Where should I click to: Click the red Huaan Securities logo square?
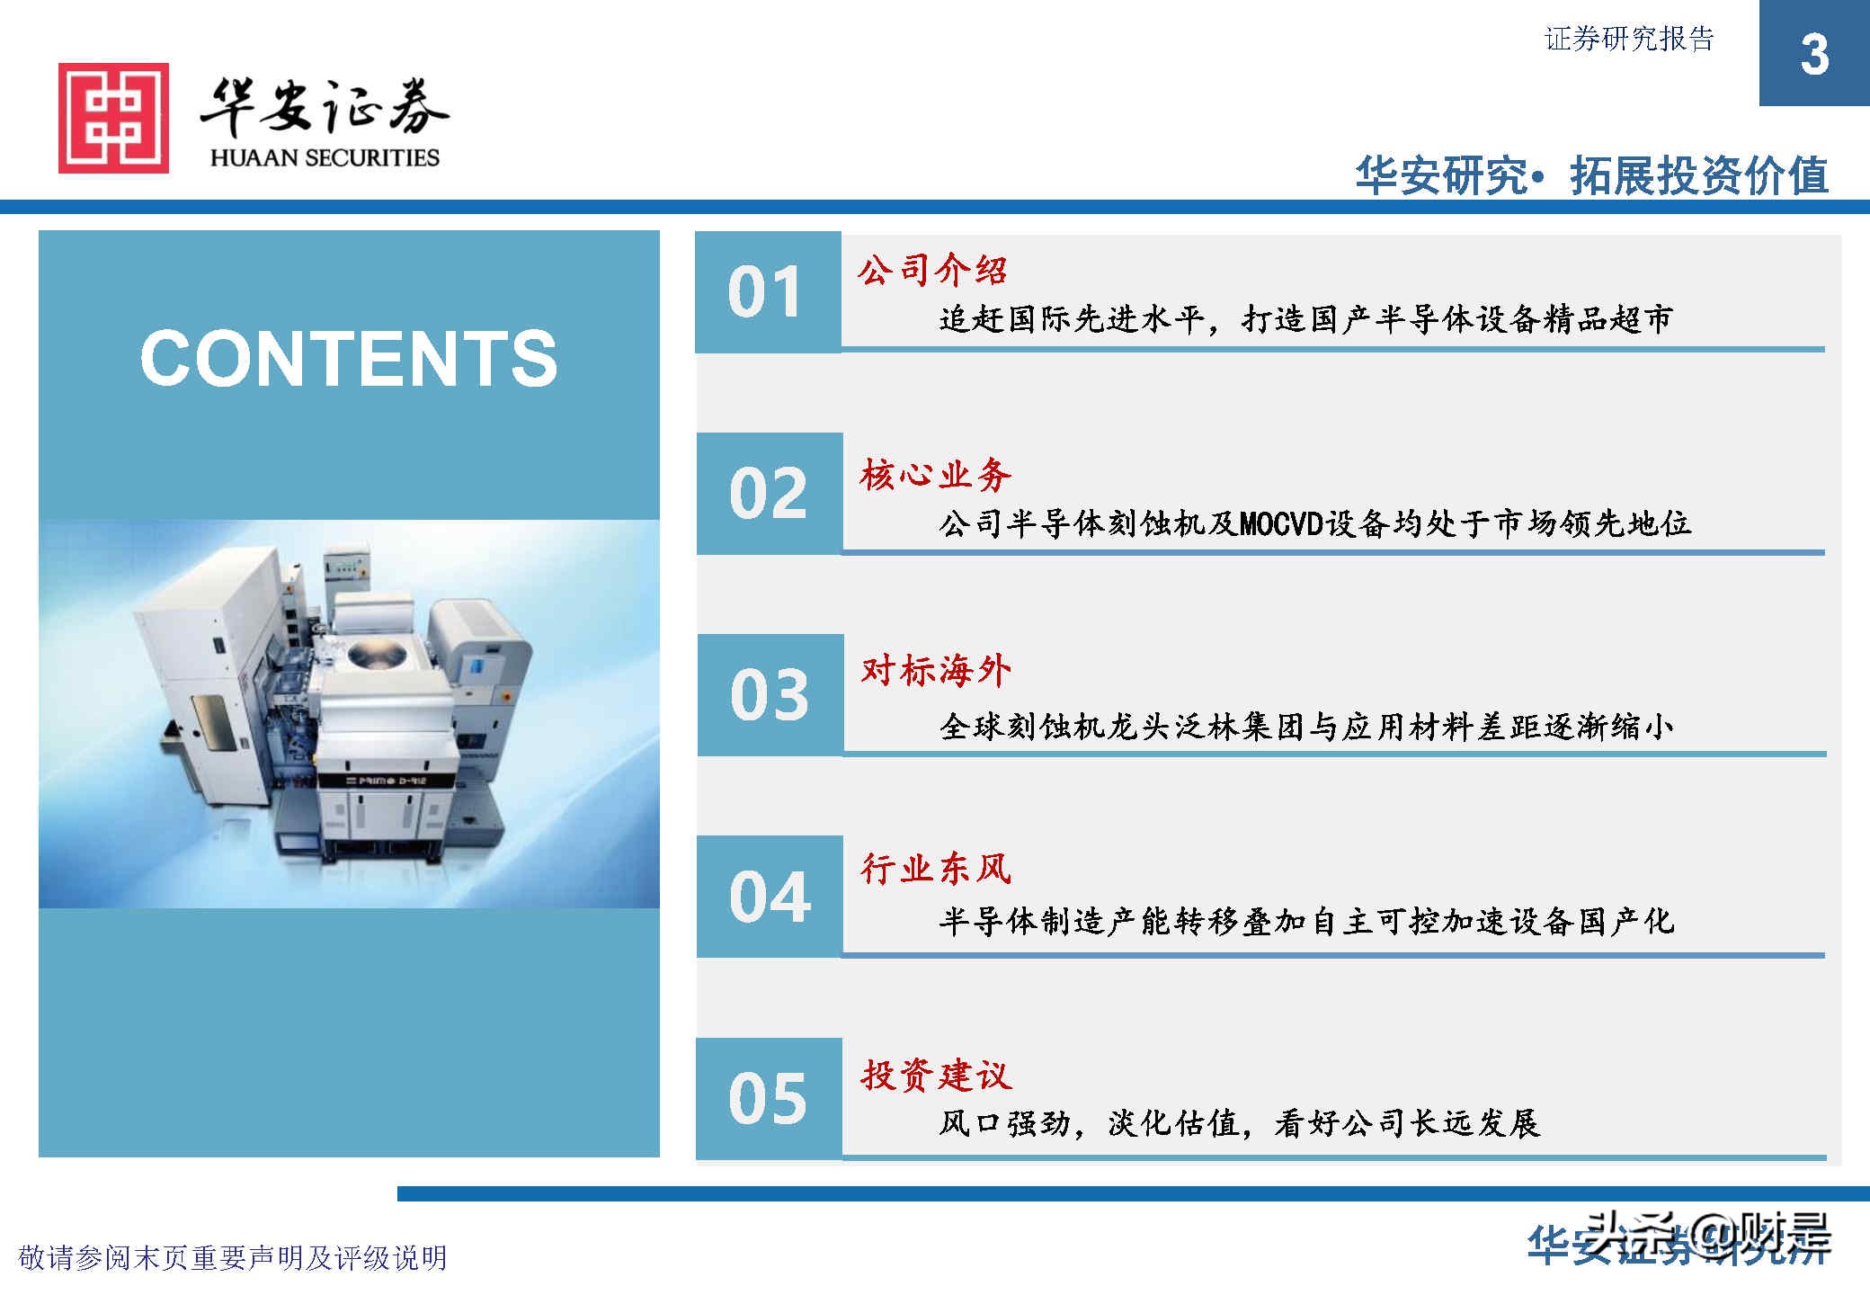tap(113, 118)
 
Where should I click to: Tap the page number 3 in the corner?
tap(1813, 55)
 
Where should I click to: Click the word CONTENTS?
tap(349, 359)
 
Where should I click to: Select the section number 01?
tap(765, 292)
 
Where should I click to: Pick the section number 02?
tap(768, 494)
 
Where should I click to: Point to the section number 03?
tap(769, 695)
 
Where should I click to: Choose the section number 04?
tap(770, 897)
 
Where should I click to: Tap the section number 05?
tap(768, 1098)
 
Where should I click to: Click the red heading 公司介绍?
tap(932, 270)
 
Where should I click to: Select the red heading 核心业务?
tap(935, 475)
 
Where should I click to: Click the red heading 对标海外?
tap(935, 671)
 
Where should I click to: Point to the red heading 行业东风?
tap(935, 869)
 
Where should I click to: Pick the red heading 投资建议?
tap(935, 1075)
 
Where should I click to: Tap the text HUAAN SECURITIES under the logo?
tap(325, 158)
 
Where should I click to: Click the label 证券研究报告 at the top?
tap(1629, 40)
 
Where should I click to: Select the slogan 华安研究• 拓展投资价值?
tap(1591, 175)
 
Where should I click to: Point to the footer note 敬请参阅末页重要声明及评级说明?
tap(233, 1257)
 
